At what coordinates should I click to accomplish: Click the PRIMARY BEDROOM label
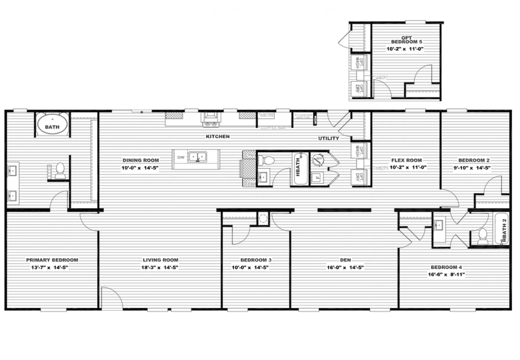click(x=52, y=260)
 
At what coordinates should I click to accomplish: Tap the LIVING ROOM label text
click(x=160, y=260)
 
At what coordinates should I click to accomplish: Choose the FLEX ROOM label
click(x=406, y=160)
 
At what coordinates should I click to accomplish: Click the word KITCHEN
click(x=218, y=136)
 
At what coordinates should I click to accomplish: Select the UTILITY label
click(x=328, y=139)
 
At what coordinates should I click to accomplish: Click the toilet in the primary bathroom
click(x=60, y=170)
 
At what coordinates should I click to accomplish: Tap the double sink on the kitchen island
click(x=199, y=157)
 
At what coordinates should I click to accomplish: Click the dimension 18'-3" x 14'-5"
click(x=160, y=268)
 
